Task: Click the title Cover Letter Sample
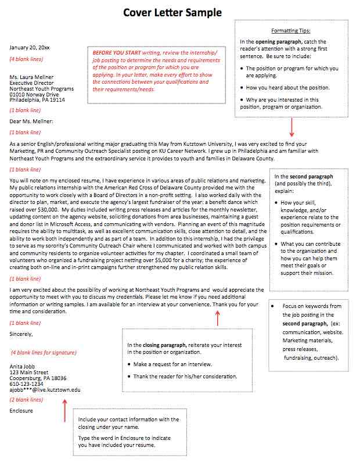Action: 172,13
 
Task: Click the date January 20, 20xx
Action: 30,47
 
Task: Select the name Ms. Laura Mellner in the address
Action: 31,77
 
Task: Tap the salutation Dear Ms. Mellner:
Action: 31,121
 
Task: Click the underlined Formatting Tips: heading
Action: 291,30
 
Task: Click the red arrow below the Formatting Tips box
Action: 292,126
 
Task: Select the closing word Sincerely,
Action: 21,334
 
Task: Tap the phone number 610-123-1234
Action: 27,384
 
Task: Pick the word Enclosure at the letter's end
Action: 21,411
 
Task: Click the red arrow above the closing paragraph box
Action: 218,318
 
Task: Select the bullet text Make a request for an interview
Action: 172,364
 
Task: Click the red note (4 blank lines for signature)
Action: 44,353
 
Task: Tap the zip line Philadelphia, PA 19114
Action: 37,100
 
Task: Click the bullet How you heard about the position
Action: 287,88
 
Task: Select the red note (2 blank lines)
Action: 26,400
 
